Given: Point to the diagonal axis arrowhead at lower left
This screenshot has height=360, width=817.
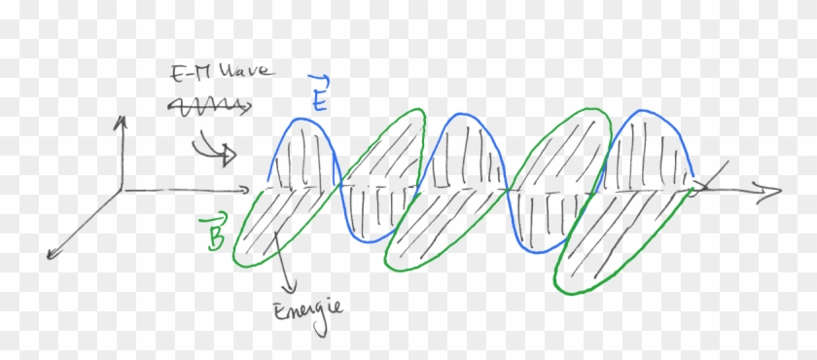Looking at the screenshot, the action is (50, 255).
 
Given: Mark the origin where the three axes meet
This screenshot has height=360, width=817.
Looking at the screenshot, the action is (120, 187).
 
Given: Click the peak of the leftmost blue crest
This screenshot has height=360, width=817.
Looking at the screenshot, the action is (304, 121).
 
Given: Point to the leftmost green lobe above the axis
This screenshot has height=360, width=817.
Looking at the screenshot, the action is (384, 146).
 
